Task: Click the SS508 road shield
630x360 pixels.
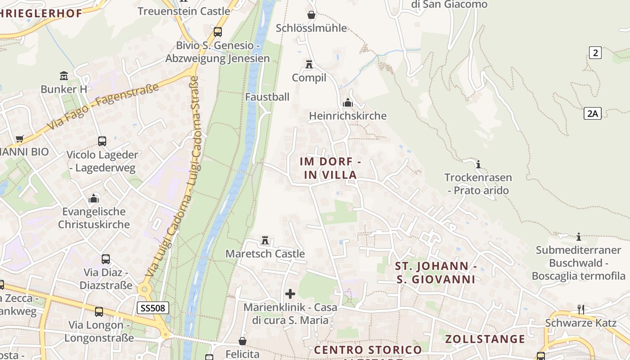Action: pos(153,308)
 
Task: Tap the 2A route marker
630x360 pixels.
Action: pos(593,113)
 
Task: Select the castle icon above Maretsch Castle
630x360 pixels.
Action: pos(265,240)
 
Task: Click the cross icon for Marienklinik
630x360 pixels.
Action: pos(290,294)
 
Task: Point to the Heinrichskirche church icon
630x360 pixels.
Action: pos(347,103)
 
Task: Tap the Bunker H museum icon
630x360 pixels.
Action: pos(64,76)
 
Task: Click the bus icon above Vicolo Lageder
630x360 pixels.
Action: pos(102,141)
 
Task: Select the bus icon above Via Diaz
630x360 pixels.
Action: pos(106,259)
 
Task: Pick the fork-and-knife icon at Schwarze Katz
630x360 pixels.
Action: pos(580,309)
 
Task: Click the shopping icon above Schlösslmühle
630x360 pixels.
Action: pos(311,15)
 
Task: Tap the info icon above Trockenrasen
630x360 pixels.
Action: pos(478,164)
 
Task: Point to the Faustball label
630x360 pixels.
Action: pos(267,97)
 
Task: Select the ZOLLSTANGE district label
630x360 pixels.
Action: pos(485,339)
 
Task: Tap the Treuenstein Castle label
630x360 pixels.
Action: pos(184,11)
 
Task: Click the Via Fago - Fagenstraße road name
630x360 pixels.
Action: pos(103,106)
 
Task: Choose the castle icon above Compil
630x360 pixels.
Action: pos(309,64)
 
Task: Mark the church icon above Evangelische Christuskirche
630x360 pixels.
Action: pos(94,198)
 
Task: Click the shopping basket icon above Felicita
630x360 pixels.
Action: pos(243,341)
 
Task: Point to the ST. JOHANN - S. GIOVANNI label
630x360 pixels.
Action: pos(436,272)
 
